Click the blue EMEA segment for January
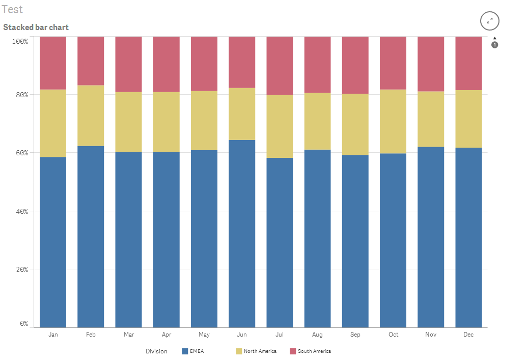tap(53, 242)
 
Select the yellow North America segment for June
tap(242, 114)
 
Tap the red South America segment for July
tap(280, 66)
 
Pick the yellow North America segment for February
tap(91, 116)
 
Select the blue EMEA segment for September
tap(355, 241)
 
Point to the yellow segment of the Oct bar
tap(393, 121)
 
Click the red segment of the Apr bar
tap(167, 64)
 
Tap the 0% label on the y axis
tap(24, 324)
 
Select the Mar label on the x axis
tap(129, 335)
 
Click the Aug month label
tap(317, 335)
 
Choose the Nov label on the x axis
tap(431, 335)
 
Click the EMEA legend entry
tap(197, 351)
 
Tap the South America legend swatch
tap(293, 351)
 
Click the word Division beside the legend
tap(156, 351)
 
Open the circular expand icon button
tap(489, 21)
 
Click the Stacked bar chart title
tap(36, 27)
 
